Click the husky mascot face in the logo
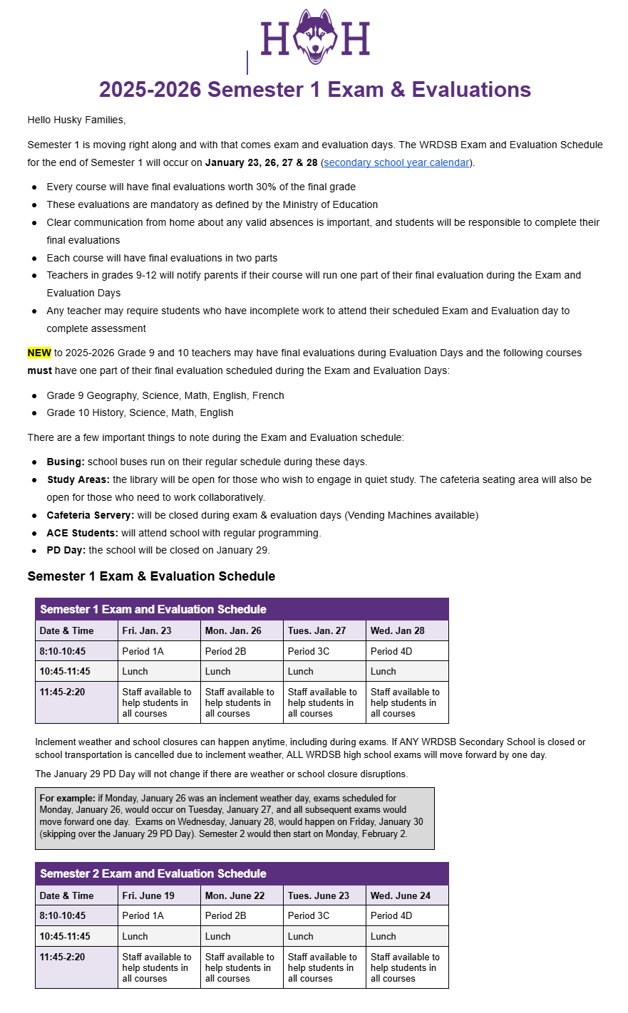315,38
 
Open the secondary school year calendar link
396,162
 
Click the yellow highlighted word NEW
39,353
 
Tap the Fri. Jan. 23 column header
147,630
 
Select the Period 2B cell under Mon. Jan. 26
225,651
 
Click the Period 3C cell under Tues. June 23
309,915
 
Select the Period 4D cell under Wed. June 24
391,915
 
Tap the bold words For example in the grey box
67,799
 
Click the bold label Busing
66,462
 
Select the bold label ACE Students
82,533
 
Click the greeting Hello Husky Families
76,120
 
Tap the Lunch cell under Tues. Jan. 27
301,671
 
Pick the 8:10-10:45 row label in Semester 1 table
63,651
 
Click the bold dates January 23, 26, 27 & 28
261,162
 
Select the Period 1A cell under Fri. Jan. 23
143,651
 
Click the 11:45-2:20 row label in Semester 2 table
63,957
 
